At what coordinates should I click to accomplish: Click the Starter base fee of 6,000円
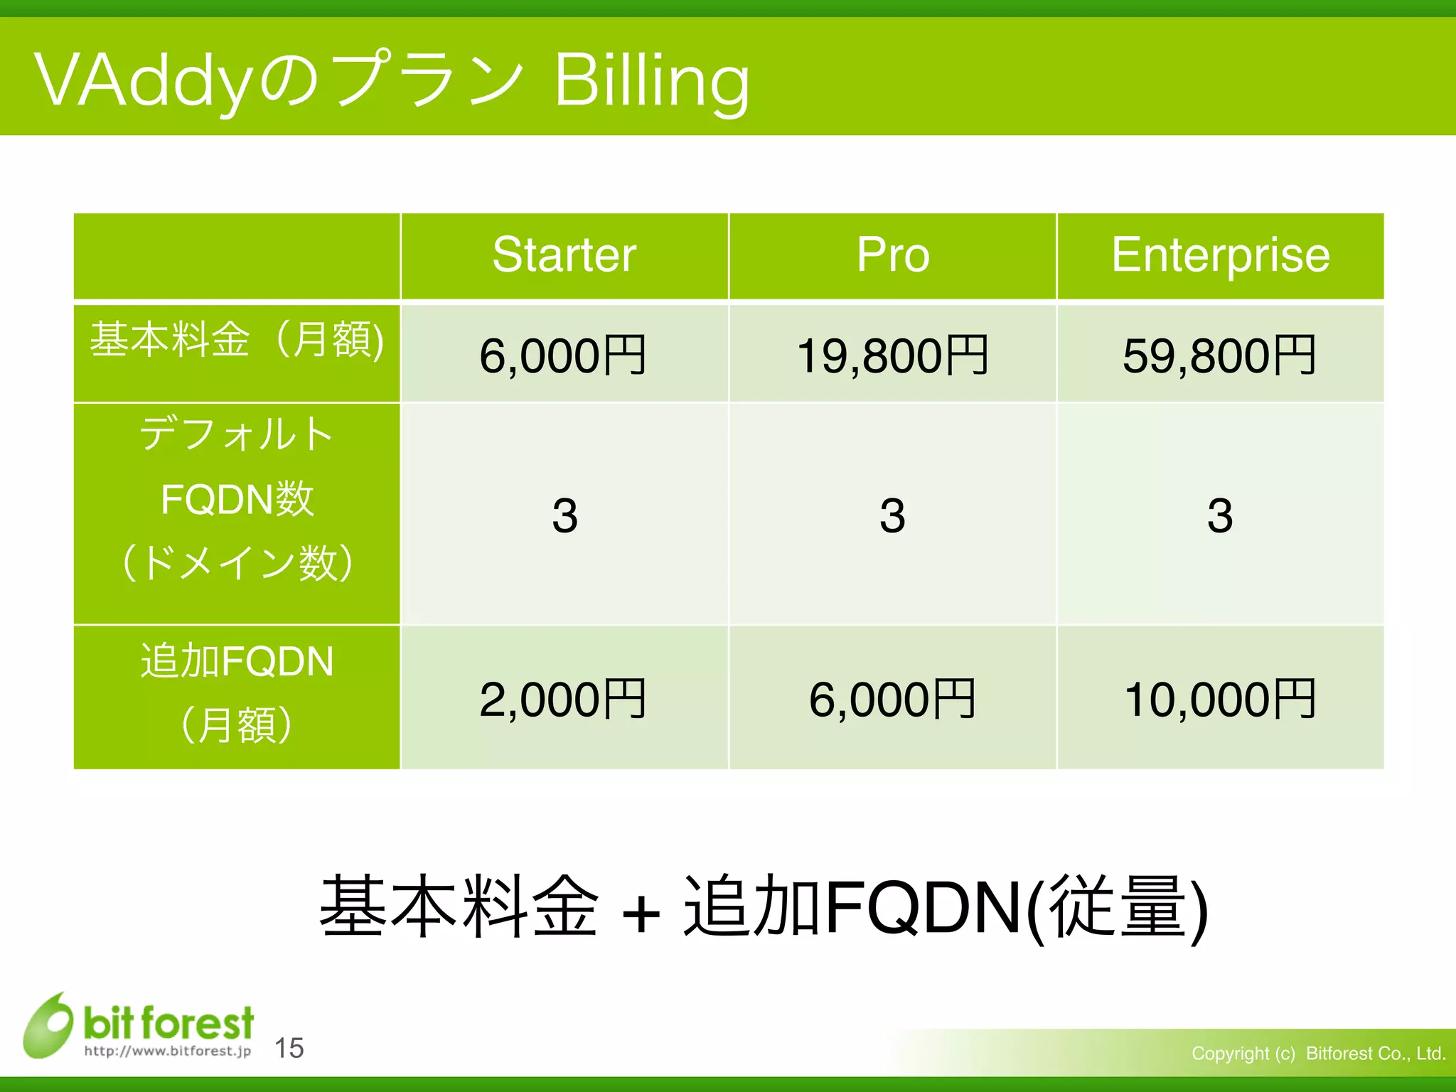(x=562, y=355)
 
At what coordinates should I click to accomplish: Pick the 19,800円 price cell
(x=893, y=355)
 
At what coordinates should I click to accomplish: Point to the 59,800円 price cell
(x=1220, y=355)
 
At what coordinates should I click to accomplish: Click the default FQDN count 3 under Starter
(x=564, y=515)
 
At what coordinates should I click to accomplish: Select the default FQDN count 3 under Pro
(x=893, y=515)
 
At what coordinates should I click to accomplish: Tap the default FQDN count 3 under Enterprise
(x=1220, y=515)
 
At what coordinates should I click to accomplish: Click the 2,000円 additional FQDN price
(x=562, y=700)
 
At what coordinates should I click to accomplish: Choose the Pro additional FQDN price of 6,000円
(x=893, y=700)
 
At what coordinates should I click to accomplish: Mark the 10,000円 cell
(x=1220, y=700)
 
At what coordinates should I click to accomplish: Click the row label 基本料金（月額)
(x=237, y=339)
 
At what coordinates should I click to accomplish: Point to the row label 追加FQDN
(x=237, y=662)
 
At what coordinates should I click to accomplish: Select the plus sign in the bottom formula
(x=641, y=913)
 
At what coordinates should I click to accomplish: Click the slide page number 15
(x=289, y=1048)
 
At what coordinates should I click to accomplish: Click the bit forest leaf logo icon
(x=48, y=1025)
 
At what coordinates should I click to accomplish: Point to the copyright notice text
(x=1319, y=1053)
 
